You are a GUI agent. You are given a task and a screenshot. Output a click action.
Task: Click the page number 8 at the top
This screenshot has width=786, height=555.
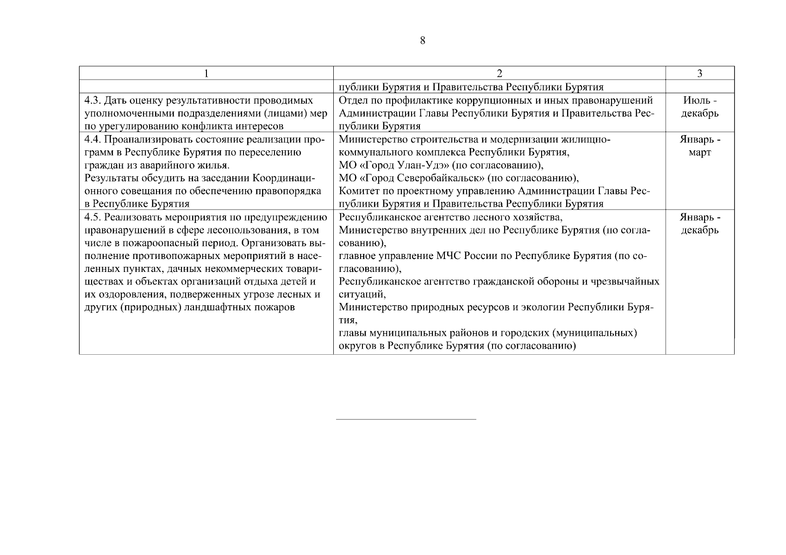[x=422, y=41]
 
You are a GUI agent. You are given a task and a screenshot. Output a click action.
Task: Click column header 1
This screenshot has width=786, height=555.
[x=206, y=74]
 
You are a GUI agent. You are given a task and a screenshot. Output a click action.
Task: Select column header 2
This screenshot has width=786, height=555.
[x=499, y=74]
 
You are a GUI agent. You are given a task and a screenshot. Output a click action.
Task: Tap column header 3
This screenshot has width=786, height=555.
[x=699, y=74]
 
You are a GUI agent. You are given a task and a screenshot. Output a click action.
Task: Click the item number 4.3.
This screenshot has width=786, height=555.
[x=93, y=100]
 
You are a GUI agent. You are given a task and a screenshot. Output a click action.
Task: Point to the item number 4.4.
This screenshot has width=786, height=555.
[x=93, y=139]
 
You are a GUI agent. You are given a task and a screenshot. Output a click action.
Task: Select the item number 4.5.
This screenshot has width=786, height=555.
[x=93, y=217]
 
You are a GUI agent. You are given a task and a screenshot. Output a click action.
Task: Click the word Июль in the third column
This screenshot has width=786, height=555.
[x=693, y=100]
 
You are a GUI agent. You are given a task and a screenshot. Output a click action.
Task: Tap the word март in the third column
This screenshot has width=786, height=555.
[x=699, y=152]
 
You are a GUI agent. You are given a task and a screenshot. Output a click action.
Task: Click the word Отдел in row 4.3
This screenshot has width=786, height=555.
[x=352, y=100]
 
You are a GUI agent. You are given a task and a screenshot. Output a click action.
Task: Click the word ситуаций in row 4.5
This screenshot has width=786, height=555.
[x=361, y=294]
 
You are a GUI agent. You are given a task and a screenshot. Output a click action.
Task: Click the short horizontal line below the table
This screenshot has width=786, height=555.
[x=405, y=419]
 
